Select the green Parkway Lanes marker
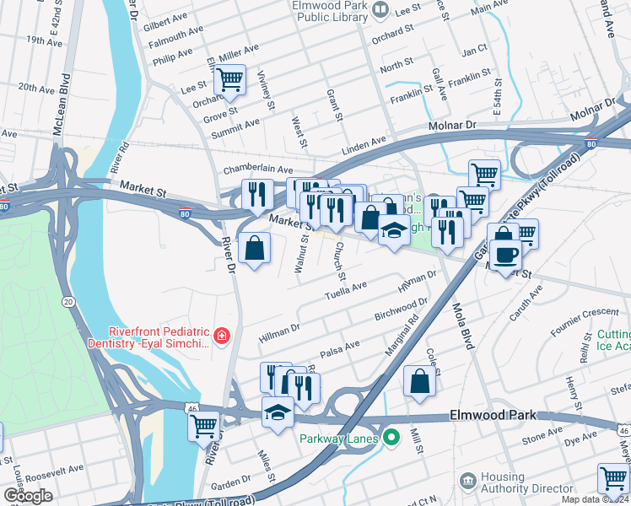tap(391, 437)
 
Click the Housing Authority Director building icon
tap(468, 480)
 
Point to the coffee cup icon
tap(505, 255)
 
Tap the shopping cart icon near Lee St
tap(229, 80)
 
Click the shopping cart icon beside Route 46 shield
tap(203, 427)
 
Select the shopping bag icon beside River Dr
tap(254, 249)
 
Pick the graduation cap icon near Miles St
tap(277, 413)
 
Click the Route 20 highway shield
tap(68, 301)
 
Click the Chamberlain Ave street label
tap(257, 170)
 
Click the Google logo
tap(28, 496)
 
